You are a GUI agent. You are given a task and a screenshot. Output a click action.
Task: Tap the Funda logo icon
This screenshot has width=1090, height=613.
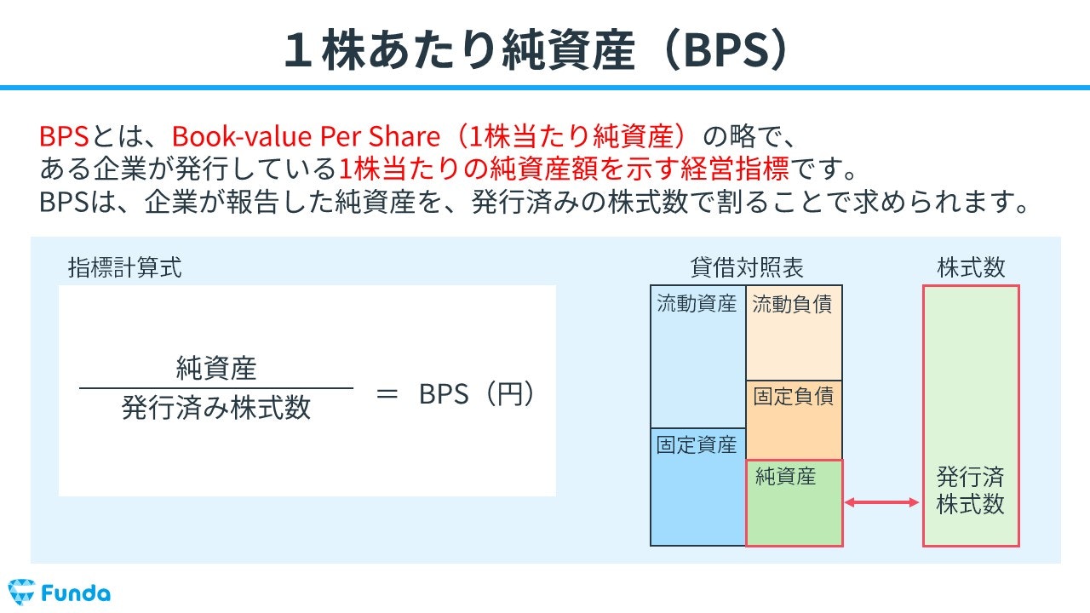click(x=20, y=591)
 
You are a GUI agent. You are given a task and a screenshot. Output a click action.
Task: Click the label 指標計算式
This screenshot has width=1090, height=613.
click(x=124, y=268)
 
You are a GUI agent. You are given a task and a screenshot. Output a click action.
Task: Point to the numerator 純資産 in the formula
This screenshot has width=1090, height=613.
click(x=216, y=369)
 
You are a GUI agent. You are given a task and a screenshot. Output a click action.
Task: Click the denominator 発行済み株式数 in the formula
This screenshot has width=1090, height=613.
click(x=216, y=409)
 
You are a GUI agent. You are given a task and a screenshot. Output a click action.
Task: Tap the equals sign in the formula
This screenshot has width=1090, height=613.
click(x=387, y=395)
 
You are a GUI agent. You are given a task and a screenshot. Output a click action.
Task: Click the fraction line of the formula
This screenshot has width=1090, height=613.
click(x=216, y=388)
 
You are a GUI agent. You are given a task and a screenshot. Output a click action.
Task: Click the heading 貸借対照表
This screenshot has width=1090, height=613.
click(x=747, y=268)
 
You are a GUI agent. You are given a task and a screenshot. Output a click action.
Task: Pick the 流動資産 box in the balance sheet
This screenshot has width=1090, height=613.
click(x=697, y=358)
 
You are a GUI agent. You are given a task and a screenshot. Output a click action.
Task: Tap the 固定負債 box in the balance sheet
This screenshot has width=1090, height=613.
click(x=794, y=420)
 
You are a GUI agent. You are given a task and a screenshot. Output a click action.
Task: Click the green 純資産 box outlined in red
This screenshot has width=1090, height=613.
click(x=794, y=503)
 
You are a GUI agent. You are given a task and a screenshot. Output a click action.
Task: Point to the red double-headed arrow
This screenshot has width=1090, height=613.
click(x=882, y=503)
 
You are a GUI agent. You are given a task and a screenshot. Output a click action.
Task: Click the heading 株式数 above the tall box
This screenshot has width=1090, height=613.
click(x=971, y=268)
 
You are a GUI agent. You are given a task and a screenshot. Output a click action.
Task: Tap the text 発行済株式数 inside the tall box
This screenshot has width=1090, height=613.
click(x=971, y=490)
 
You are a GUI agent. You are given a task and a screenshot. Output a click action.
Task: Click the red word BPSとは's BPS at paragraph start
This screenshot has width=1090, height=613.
click(x=64, y=135)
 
